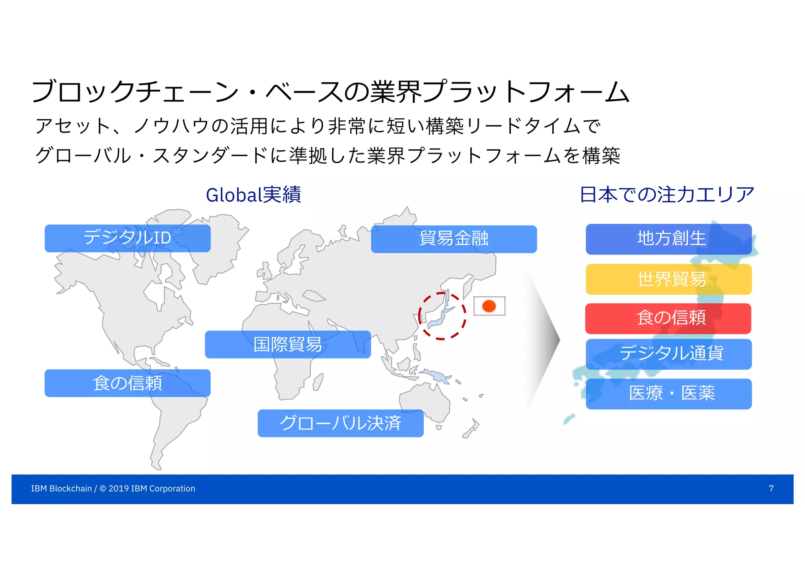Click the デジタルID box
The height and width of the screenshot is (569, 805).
(127, 238)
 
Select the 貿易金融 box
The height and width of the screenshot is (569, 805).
(454, 239)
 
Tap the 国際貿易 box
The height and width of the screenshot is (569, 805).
(288, 344)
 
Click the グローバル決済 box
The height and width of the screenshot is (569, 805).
(340, 423)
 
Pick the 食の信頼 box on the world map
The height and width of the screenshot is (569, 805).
(127, 383)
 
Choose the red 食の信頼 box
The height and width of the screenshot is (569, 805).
(668, 319)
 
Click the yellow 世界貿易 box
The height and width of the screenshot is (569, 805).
(669, 280)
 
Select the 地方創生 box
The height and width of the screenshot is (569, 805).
(669, 239)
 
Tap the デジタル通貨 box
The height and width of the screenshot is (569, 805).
(669, 354)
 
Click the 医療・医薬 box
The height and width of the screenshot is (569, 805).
(669, 394)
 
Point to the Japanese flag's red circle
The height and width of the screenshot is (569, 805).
(489, 306)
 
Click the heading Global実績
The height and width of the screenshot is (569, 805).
(254, 195)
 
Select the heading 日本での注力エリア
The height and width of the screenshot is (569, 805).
(667, 195)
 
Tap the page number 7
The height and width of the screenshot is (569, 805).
(771, 488)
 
